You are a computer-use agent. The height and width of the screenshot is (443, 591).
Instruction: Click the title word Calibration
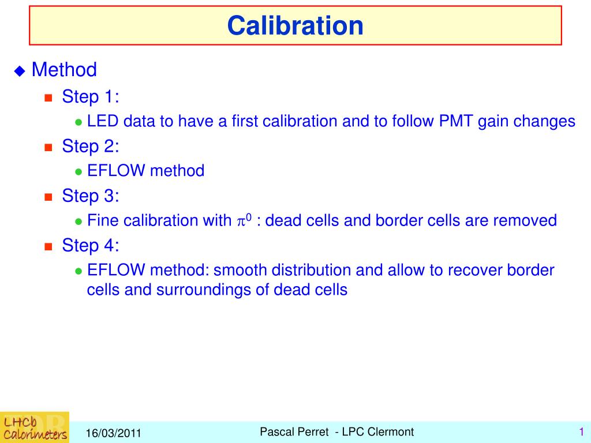(x=295, y=26)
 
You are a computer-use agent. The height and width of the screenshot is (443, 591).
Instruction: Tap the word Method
(x=64, y=70)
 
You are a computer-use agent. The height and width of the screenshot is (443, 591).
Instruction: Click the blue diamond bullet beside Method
(x=20, y=71)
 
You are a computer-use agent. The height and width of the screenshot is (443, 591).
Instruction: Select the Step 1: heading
(x=91, y=96)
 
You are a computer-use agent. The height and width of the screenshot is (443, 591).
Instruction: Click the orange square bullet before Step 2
(x=48, y=147)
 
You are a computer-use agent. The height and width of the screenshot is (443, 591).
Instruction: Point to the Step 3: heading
(x=91, y=196)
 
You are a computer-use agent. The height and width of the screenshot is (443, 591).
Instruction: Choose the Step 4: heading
(x=91, y=245)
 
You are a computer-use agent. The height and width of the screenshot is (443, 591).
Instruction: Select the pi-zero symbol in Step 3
(x=244, y=220)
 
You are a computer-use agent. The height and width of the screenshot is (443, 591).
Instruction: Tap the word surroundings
(x=204, y=290)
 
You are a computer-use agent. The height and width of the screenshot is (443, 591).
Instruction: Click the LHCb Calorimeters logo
(x=35, y=427)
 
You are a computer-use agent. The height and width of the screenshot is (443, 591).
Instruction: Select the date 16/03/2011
(x=114, y=433)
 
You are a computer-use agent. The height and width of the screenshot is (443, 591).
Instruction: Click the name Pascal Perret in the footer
(x=294, y=431)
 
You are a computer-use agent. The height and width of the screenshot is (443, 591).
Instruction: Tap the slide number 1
(x=582, y=431)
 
